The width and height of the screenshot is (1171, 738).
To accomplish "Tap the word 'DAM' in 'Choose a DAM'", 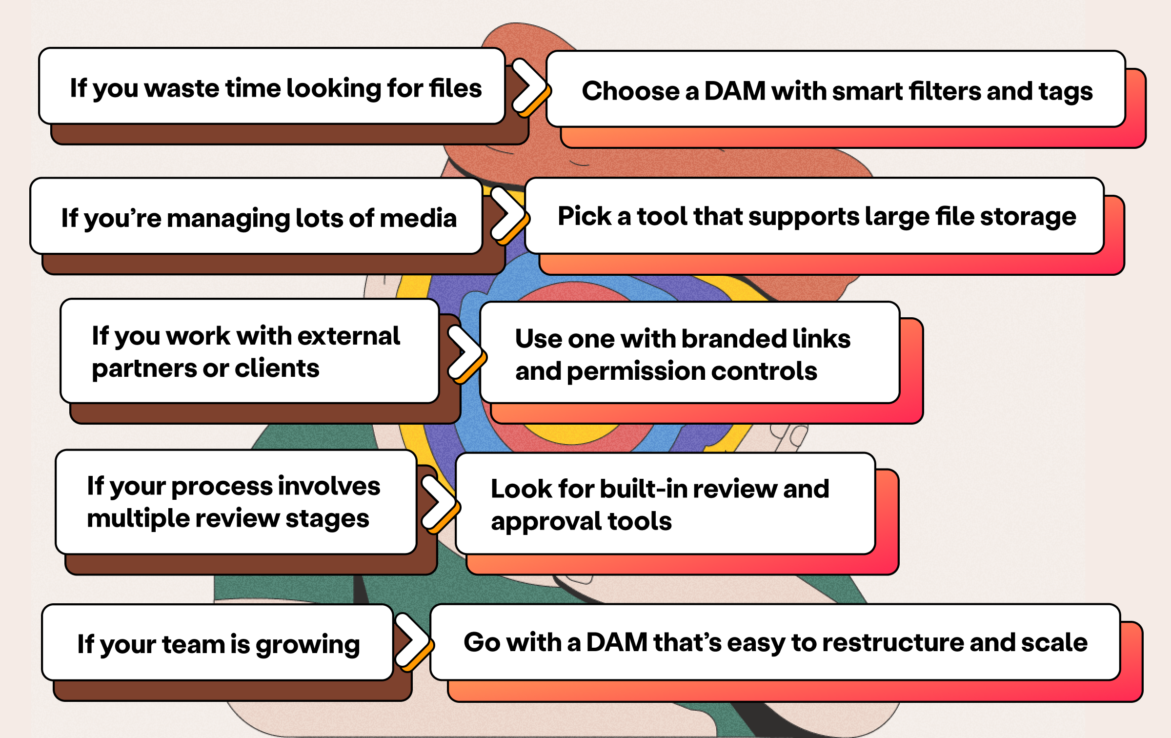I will point(735,91).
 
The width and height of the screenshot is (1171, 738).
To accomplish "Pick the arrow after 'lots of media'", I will point(507,215).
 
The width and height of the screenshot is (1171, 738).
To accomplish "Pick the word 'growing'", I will point(307,645).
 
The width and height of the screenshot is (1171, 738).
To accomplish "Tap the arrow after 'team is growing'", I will point(412,641).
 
